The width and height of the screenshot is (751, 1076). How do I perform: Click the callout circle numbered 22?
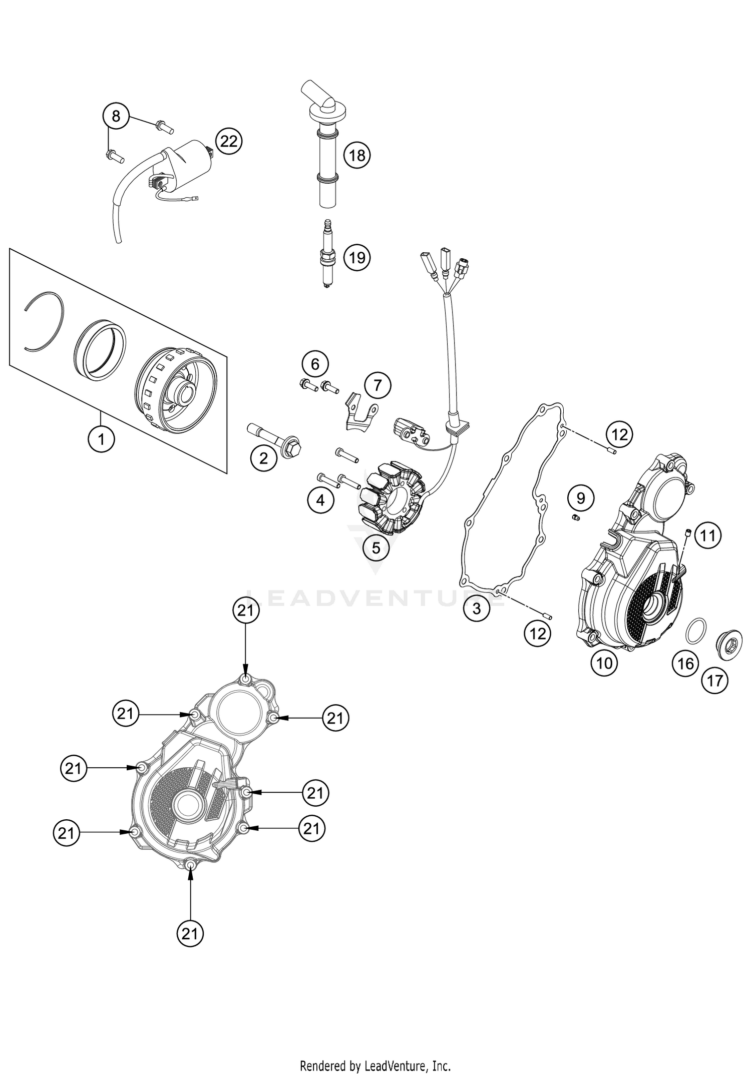coord(228,142)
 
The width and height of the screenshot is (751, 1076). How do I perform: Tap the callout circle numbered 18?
coord(356,156)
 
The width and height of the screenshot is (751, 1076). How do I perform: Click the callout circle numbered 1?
coord(102,439)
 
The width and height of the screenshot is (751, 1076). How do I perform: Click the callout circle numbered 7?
coord(378,385)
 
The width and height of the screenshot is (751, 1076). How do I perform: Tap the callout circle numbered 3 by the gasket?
coord(476,609)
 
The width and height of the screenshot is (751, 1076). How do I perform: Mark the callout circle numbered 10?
coord(604,663)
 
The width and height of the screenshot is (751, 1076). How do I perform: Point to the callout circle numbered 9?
coord(581,498)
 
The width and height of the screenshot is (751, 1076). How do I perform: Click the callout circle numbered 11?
coord(707,536)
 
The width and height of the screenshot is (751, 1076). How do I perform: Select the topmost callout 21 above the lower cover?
coord(246,611)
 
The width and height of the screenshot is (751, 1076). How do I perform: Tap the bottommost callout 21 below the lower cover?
coord(190,933)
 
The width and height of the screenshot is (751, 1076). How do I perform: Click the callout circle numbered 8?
coord(116,117)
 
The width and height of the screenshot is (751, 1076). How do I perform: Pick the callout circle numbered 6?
coord(315,364)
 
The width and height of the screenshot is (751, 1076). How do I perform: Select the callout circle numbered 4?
coord(320,499)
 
